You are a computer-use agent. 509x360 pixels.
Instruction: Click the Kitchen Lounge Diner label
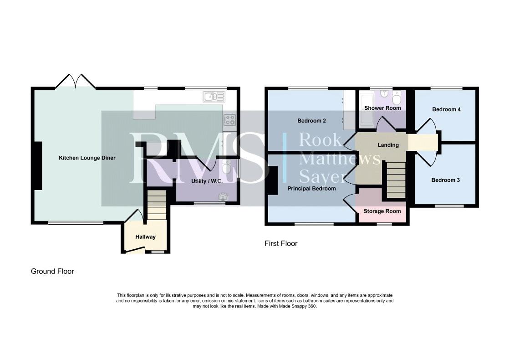click(x=87, y=158)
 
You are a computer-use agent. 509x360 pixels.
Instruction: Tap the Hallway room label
click(x=145, y=237)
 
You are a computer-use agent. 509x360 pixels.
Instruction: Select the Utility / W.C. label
click(x=207, y=181)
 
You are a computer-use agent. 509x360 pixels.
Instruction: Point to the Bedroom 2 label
click(x=311, y=121)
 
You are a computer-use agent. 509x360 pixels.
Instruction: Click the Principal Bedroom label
click(x=311, y=189)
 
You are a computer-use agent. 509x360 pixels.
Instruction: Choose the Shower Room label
click(x=382, y=108)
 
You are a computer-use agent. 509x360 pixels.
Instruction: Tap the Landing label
click(x=388, y=145)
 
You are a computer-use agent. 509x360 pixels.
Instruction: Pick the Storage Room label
click(x=382, y=211)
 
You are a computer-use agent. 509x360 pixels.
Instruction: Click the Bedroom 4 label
click(x=446, y=109)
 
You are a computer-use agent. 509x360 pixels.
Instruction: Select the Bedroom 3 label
click(x=445, y=180)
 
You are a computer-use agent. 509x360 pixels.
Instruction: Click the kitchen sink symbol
click(x=214, y=97)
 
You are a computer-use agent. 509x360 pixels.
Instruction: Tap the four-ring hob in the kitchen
click(x=229, y=120)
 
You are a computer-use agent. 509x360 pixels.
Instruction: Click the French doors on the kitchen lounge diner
click(x=76, y=81)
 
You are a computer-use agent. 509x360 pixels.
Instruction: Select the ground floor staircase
click(x=157, y=205)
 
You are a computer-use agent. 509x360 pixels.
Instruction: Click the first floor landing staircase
click(x=396, y=180)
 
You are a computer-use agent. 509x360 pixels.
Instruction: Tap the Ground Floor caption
click(x=52, y=271)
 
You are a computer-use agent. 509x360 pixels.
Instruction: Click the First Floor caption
click(x=281, y=243)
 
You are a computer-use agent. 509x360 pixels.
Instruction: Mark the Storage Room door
click(x=350, y=201)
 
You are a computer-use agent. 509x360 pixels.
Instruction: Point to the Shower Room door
click(x=384, y=124)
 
